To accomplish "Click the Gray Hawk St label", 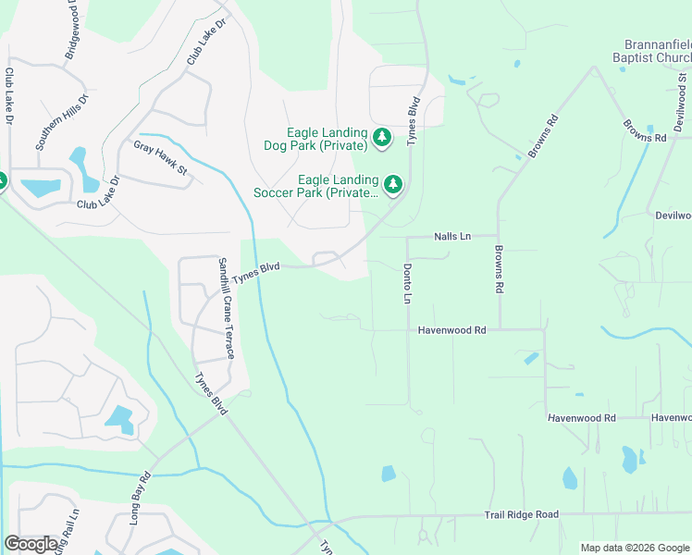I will point(161,158).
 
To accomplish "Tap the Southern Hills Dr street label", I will point(61,121).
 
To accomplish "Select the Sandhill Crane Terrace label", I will point(225,309).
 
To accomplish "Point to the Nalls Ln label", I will point(452,237).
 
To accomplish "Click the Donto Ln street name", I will point(407,284).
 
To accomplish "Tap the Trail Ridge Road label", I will point(522,514).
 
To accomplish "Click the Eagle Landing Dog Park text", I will point(327,140).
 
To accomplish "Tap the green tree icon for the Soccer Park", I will point(394,185).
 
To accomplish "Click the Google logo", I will point(31,544).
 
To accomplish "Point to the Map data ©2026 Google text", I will point(634,548).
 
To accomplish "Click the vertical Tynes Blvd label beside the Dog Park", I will point(414,120).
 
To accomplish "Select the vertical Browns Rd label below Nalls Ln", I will point(499,269).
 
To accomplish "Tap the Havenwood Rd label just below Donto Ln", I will point(451,329).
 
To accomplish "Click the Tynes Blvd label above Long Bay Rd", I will point(211,394).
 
